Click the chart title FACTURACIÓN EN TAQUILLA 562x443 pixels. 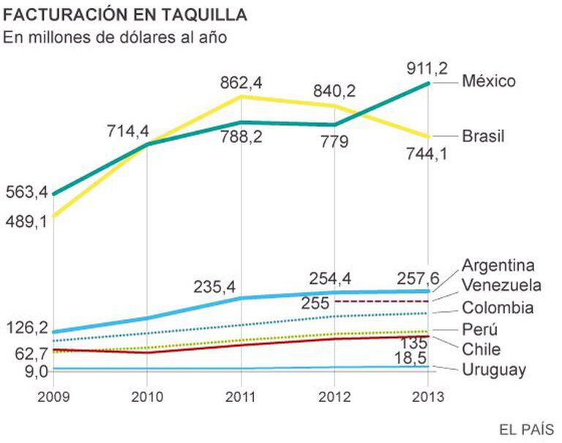[125, 15]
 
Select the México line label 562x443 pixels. [488, 81]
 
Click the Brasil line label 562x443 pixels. [484, 136]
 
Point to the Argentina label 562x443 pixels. [498, 265]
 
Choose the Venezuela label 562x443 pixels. [502, 285]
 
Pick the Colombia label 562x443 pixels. [498, 308]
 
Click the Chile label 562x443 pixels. [481, 348]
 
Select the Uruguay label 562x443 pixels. [494, 370]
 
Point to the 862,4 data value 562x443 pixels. [241, 83]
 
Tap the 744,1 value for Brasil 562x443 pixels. [429, 154]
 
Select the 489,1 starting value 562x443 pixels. [26, 220]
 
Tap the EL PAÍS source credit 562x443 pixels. [526, 428]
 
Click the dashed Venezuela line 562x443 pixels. [388, 301]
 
